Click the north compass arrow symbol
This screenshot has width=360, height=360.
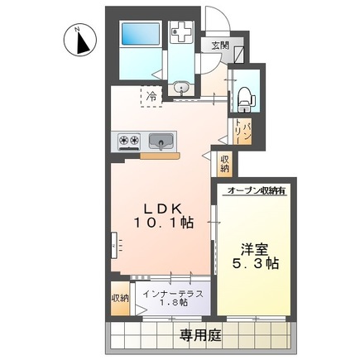coord(79,41)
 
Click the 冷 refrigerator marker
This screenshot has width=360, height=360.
coord(151,98)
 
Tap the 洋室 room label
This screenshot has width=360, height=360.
coord(254,248)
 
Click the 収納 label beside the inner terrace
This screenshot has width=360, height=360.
coord(120,299)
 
